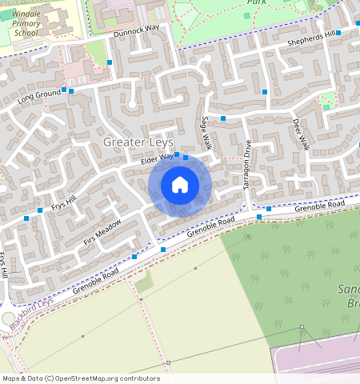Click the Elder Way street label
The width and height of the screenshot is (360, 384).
157,160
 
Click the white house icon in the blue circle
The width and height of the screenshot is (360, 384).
180,186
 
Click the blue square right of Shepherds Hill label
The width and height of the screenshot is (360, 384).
338,33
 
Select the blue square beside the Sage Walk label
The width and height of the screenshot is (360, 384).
223,118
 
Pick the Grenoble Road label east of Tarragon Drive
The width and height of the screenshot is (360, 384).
318,206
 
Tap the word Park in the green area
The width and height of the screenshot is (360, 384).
257,2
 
